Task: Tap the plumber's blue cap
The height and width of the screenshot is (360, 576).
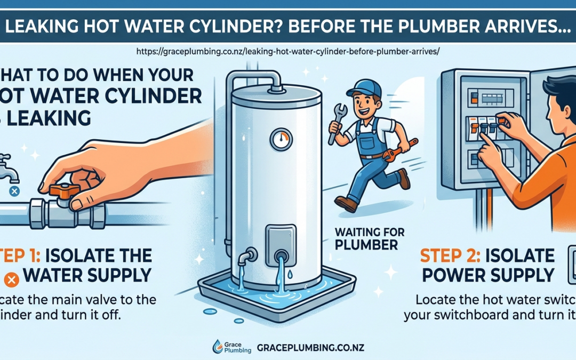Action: point(363,87)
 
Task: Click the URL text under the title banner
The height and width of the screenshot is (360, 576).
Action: point(287,52)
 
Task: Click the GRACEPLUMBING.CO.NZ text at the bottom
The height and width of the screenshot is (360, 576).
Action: point(310,346)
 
